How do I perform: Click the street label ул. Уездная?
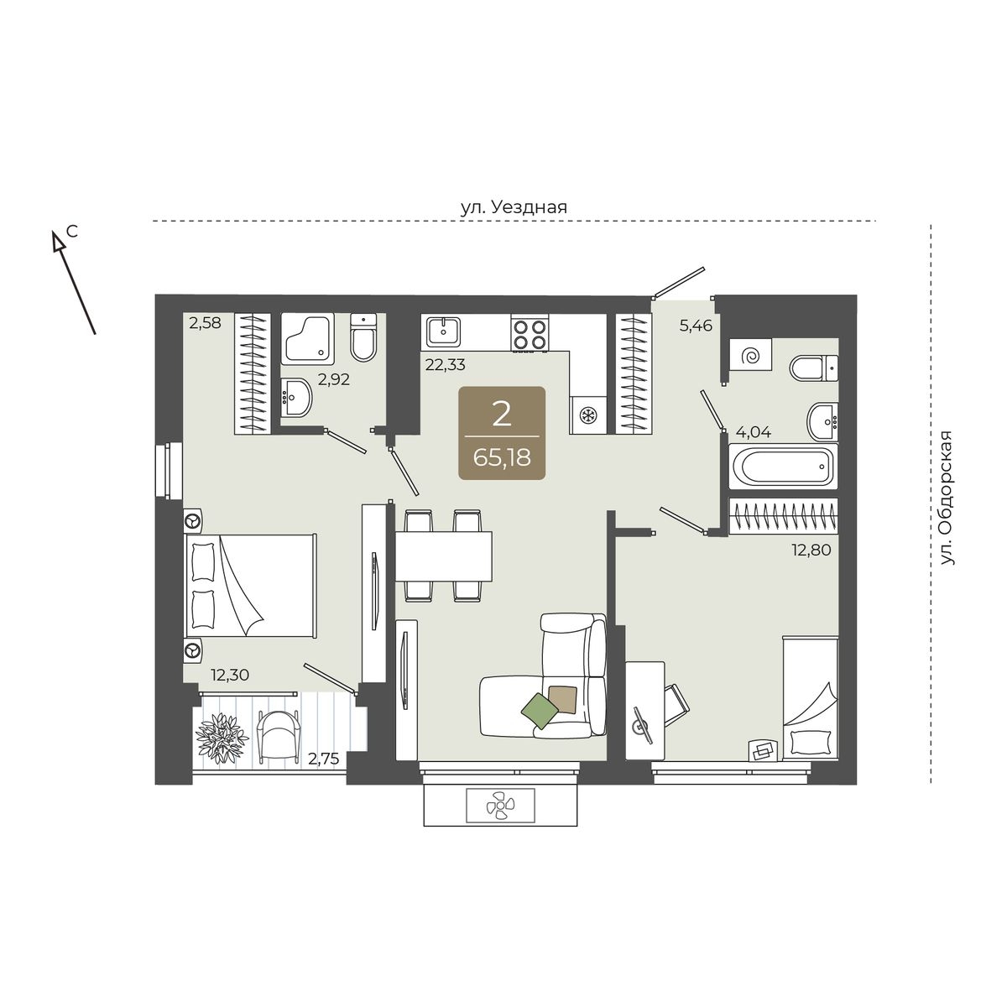click(514, 208)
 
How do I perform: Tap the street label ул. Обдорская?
click(947, 498)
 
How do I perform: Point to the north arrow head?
click(57, 241)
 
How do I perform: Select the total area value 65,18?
click(502, 458)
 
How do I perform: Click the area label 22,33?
click(446, 364)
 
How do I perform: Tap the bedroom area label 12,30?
click(230, 676)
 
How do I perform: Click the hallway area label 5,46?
click(696, 326)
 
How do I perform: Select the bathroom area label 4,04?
click(754, 433)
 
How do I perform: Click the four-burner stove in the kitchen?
click(530, 334)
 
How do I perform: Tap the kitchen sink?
click(444, 331)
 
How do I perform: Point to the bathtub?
click(783, 466)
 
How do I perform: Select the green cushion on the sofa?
click(540, 712)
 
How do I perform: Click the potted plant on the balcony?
click(222, 739)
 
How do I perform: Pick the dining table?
click(444, 556)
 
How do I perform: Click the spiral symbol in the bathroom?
click(750, 357)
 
